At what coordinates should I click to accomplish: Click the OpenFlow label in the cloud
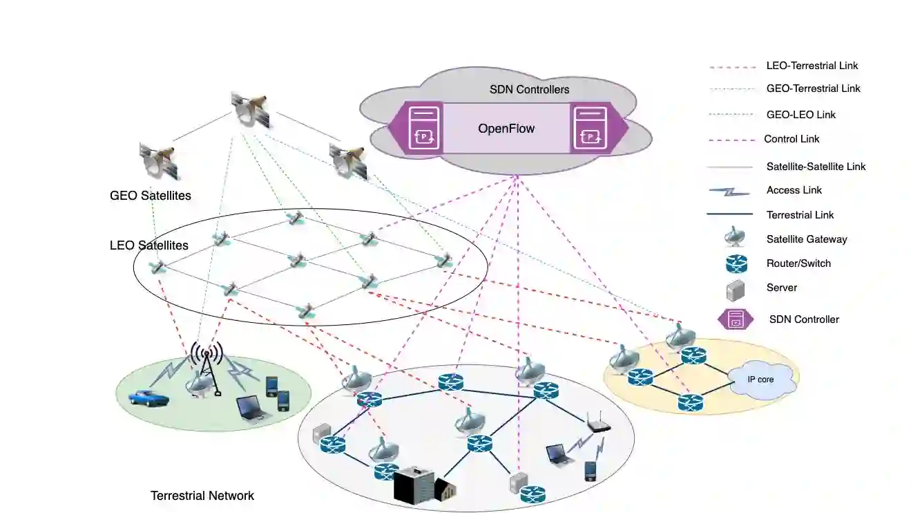pos(506,129)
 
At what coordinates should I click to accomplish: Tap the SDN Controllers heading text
pos(529,90)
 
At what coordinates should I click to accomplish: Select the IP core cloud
pos(760,380)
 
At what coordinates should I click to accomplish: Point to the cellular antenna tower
pos(208,366)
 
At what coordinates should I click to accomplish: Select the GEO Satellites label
pos(151,196)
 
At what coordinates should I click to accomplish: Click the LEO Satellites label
pos(149,245)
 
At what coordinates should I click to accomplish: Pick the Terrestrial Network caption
pos(202,496)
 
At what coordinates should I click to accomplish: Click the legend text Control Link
pos(792,139)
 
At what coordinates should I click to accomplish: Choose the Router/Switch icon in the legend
pos(736,263)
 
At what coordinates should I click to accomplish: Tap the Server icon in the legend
pos(736,288)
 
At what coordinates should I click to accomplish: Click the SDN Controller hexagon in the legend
pos(736,319)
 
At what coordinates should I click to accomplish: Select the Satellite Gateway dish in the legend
pos(735,238)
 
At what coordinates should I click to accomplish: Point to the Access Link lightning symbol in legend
pos(729,191)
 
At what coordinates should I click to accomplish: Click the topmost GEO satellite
pos(250,109)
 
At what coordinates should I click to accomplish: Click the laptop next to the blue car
pos(250,407)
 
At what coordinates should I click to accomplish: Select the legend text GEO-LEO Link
pos(800,115)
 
